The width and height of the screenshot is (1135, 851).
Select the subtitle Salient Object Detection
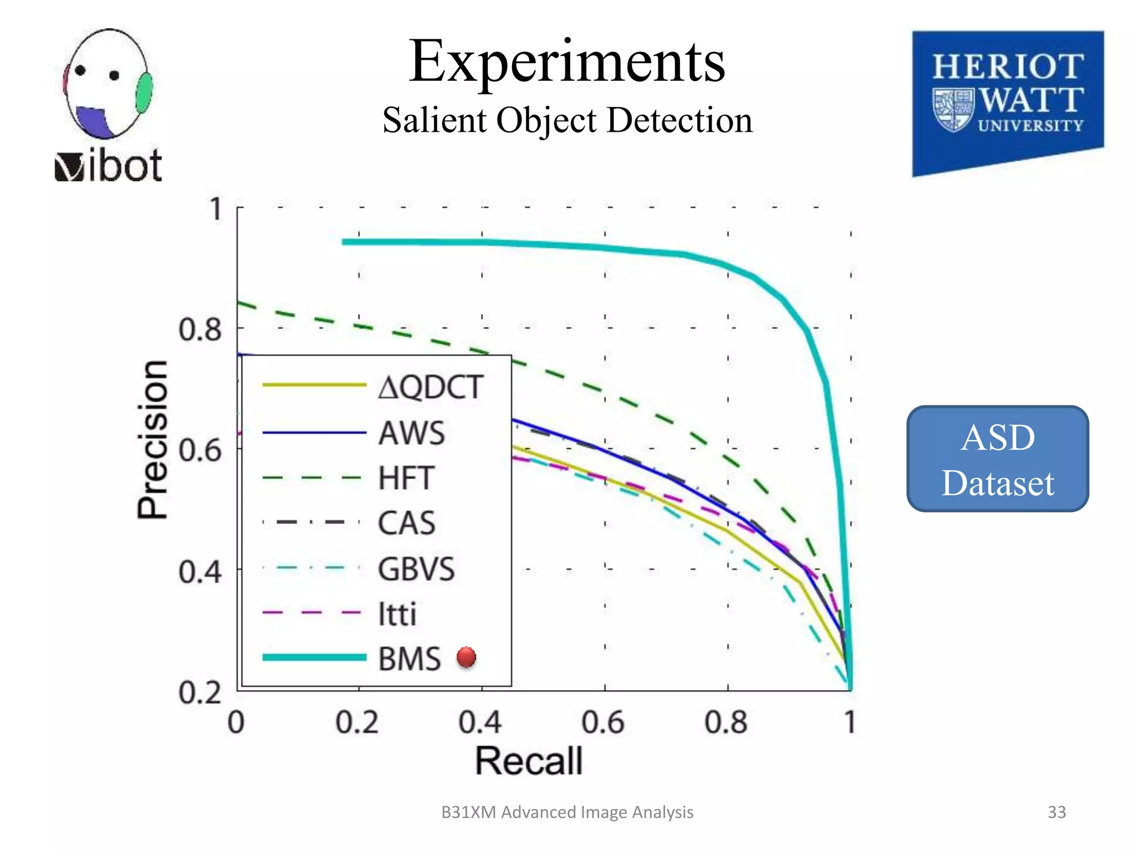coord(567,120)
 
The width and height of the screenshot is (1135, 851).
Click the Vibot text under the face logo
coord(109,166)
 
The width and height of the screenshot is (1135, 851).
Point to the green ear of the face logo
coord(144,93)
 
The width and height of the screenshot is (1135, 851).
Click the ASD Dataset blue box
coord(998,459)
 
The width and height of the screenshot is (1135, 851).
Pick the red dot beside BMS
coord(466,657)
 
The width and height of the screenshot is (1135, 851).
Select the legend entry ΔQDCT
coord(430,387)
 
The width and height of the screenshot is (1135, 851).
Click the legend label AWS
coord(411,433)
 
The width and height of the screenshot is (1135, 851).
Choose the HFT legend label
coord(406,478)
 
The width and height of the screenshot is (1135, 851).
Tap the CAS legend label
coord(406,523)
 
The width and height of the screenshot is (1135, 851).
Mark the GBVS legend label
coord(416,569)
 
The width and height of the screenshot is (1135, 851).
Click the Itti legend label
coord(397,614)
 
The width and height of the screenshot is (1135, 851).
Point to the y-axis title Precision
coord(152,439)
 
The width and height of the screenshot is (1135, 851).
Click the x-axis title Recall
coord(529,761)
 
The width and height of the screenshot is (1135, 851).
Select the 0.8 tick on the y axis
coord(200,330)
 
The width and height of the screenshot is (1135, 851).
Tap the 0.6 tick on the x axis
coord(603,722)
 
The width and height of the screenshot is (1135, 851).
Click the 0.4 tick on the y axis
coord(200,571)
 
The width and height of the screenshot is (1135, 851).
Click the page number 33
coord(1056,812)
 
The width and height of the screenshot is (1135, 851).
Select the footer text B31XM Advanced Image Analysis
coord(567,812)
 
